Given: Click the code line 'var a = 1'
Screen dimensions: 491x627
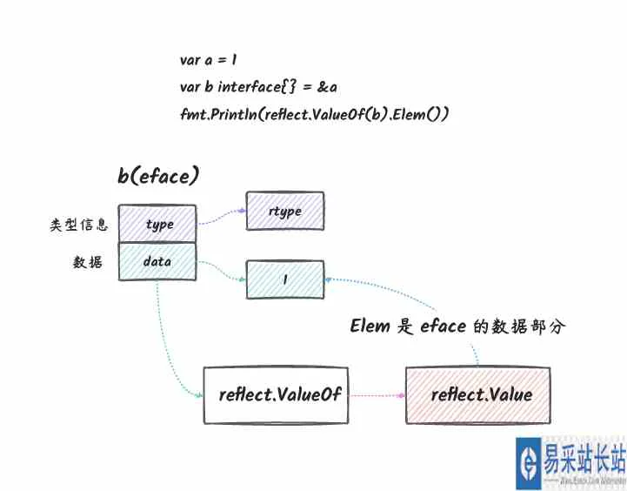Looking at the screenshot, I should (210, 60).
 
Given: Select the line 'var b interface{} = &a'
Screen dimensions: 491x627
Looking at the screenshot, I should (258, 87).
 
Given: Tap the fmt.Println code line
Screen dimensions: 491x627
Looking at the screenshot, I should (314, 114).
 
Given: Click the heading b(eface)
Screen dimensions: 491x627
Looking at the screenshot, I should (159, 176).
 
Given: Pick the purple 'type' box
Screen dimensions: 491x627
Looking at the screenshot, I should (157, 224).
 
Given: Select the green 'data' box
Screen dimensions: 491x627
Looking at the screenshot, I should (157, 261).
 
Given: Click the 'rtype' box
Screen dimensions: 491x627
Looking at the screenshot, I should (285, 212).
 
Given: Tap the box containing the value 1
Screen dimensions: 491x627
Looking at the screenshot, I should (285, 280).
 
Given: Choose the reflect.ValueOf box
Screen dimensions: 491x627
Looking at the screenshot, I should (277, 395).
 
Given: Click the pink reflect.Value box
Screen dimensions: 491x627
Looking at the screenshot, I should (478, 395).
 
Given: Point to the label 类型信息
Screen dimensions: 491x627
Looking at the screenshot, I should (79, 225).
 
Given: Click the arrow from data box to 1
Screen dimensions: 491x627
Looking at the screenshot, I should (222, 271).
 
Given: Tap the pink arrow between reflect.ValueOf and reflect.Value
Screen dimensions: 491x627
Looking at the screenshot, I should (377, 394).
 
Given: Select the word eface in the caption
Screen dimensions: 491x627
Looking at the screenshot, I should (446, 326).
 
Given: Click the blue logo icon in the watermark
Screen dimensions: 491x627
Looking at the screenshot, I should (528, 462).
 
